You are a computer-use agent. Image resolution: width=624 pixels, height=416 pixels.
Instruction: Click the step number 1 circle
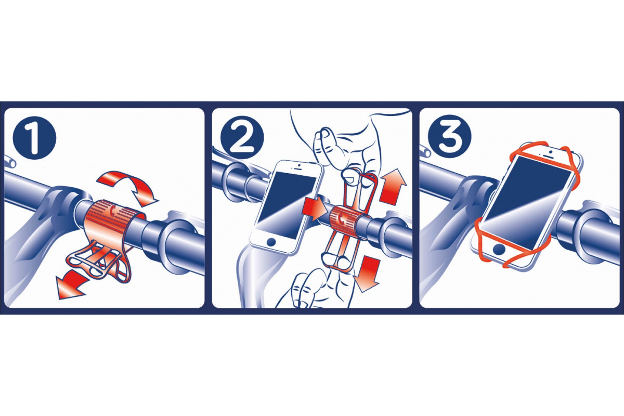pos(34,138)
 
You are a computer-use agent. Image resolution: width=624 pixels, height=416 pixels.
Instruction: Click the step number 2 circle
pos(242,138)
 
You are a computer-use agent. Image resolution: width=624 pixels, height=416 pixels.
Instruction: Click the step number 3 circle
pos(449,137)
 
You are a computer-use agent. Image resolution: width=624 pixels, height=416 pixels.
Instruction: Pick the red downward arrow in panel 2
pos(367,274)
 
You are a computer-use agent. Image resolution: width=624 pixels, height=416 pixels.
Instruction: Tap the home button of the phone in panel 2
pos(271,242)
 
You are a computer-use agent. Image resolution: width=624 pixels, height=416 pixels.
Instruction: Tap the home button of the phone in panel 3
pos(499,249)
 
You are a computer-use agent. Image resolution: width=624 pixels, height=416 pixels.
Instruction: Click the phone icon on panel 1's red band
pos(112,211)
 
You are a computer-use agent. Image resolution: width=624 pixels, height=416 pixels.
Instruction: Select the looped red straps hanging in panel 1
pos(99,261)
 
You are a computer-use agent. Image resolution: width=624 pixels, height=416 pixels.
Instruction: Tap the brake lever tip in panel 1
pos(11,162)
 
